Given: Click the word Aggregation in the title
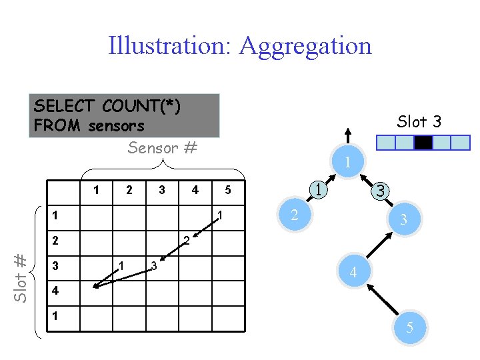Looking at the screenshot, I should coord(305,45).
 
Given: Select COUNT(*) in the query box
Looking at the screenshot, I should coord(141,106).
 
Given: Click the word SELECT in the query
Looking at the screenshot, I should coord(65,106).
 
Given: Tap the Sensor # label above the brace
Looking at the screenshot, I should coord(162,148).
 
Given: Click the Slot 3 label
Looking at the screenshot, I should coord(419,121).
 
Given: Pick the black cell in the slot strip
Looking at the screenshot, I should coord(423,143).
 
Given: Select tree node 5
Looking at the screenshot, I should coord(410,328).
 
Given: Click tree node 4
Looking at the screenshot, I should coord(353,272).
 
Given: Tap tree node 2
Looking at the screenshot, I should coord(293,214).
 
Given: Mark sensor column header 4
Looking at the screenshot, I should coord(195,190).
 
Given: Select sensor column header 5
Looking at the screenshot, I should coord(227,190).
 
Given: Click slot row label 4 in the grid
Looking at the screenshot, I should coord(56,291).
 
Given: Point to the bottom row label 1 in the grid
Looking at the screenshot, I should coord(56,314).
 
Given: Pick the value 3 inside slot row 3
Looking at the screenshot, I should coord(153,265).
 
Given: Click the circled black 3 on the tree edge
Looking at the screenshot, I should coord(380,191).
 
